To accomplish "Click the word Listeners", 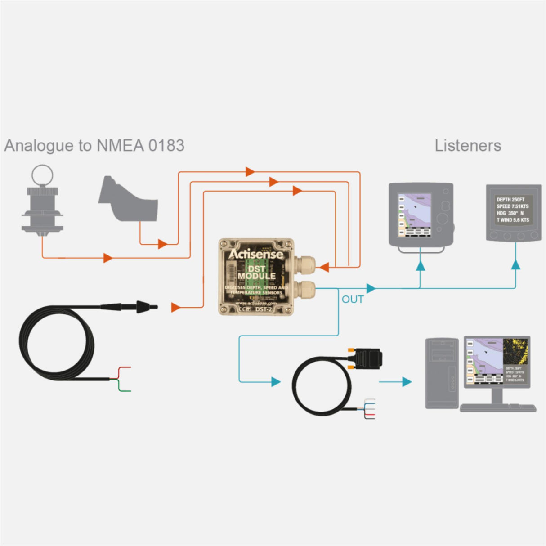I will coord(468,146).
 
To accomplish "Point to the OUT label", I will coord(353,300).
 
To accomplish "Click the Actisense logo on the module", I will coord(256,254).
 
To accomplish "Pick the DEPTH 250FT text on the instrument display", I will coord(510,199).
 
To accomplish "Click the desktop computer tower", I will coord(442,373).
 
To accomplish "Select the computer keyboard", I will coord(498,408).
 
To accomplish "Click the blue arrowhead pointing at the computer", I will coord(407,382).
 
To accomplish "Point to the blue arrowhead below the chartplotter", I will coord(420,266).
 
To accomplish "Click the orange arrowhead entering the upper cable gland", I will coord(324,268).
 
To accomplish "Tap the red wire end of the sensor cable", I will coord(130,367).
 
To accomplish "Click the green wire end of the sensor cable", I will coord(130,391).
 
